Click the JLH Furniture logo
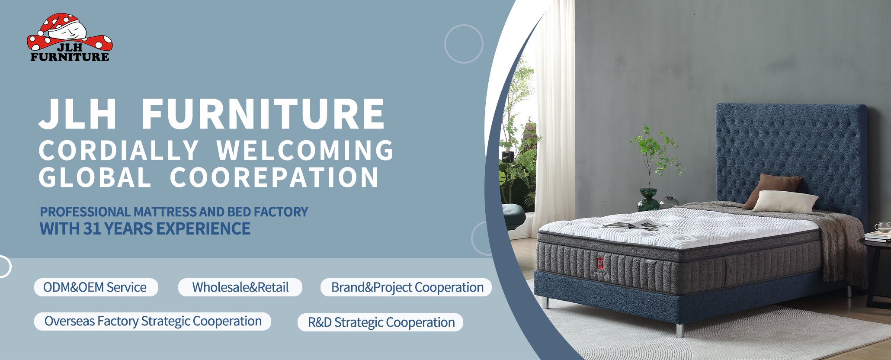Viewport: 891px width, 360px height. [70, 38]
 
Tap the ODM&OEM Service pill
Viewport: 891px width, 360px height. [96, 287]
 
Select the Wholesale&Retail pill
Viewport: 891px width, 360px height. [240, 287]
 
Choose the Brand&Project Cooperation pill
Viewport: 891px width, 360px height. [406, 287]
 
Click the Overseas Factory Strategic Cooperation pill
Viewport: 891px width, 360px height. [153, 321]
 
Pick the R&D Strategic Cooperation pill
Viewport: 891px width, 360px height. [381, 322]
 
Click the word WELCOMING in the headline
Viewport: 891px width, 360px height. [305, 151]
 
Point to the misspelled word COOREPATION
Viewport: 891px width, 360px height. [274, 177]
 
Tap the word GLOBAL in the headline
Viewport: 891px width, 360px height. [95, 177]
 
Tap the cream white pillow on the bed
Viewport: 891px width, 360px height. [785, 201]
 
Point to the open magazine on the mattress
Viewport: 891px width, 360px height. [634, 224]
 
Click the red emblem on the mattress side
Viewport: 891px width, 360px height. [600, 263]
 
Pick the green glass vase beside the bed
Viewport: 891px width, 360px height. [648, 199]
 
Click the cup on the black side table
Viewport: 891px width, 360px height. [882, 227]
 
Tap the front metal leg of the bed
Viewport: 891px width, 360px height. [679, 329]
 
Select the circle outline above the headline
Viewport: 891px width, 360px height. [464, 44]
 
